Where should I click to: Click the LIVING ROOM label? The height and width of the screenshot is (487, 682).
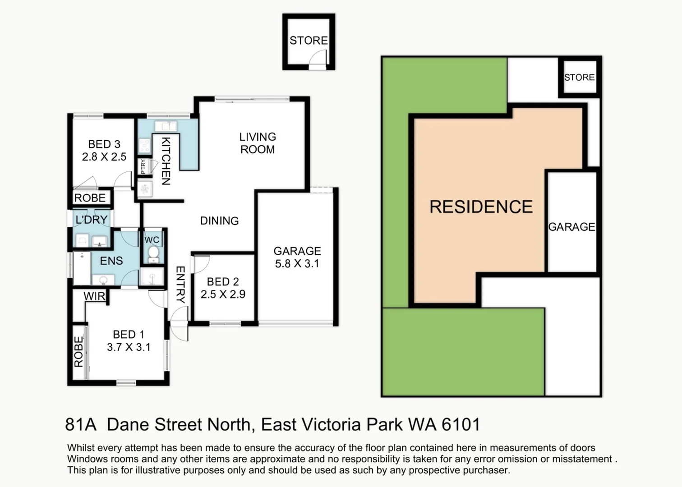click(x=258, y=143)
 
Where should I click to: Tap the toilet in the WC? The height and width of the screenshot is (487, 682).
click(x=153, y=254)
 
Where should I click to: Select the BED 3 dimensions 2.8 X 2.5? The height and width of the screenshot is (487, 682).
click(x=104, y=157)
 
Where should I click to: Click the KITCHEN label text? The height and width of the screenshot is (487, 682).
click(x=166, y=161)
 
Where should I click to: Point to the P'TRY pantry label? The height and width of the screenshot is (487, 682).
click(x=143, y=167)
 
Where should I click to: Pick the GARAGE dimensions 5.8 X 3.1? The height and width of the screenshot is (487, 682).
click(x=297, y=264)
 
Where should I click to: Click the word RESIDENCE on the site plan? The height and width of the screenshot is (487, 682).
click(x=481, y=207)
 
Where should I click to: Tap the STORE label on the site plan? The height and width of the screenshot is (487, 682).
click(x=580, y=77)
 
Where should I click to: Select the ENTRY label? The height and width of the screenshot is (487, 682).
click(x=180, y=285)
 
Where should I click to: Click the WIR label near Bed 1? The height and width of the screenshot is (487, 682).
click(x=94, y=296)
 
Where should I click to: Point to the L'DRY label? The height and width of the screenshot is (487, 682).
click(x=91, y=220)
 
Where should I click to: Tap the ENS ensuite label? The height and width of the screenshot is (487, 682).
click(x=111, y=261)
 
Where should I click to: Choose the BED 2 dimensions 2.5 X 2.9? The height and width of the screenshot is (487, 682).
click(x=223, y=294)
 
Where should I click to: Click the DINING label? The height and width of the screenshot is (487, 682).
click(x=219, y=221)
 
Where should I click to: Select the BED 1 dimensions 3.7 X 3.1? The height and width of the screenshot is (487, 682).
click(x=129, y=347)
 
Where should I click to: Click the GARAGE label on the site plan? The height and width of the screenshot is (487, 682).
click(x=571, y=227)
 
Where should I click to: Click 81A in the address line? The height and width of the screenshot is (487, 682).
click(x=81, y=424)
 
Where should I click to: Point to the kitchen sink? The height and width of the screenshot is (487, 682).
click(x=166, y=126)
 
